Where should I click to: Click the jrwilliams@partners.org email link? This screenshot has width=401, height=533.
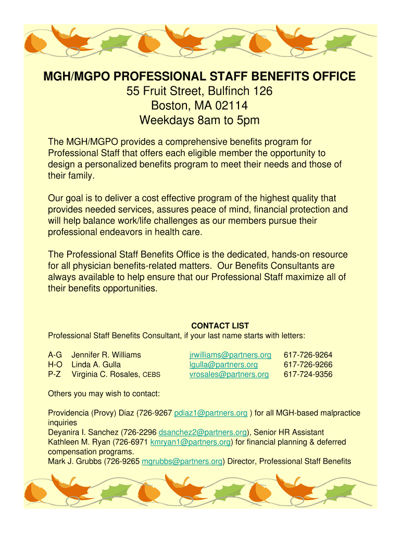pyautogui.click(x=230, y=355)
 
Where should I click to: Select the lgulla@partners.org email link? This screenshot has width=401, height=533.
pyautogui.click(x=223, y=365)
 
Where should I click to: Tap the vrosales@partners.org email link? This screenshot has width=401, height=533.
pyautogui.click(x=229, y=374)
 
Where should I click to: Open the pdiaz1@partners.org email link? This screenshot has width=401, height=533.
pyautogui.click(x=210, y=413)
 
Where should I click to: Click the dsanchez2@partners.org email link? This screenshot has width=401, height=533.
pyautogui.click(x=203, y=433)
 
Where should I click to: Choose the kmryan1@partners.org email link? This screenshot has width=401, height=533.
pyautogui.click(x=191, y=442)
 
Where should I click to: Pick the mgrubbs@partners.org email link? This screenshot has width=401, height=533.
pyautogui.click(x=182, y=461)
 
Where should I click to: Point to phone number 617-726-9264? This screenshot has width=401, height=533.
pyautogui.click(x=308, y=355)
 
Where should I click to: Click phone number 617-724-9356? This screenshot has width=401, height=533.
pyautogui.click(x=308, y=374)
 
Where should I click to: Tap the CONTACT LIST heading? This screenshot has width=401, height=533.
pyautogui.click(x=220, y=326)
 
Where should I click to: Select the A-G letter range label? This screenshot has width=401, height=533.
pyautogui.click(x=55, y=355)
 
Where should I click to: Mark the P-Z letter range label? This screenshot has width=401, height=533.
pyautogui.click(x=55, y=374)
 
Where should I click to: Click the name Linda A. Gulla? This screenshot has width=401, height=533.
pyautogui.click(x=96, y=365)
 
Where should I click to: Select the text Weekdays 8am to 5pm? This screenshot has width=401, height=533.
pyautogui.click(x=199, y=121)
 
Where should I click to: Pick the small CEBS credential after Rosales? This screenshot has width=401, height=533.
pyautogui.click(x=152, y=375)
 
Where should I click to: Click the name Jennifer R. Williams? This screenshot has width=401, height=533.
pyautogui.click(x=106, y=355)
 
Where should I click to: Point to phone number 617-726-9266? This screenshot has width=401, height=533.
pyautogui.click(x=308, y=365)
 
